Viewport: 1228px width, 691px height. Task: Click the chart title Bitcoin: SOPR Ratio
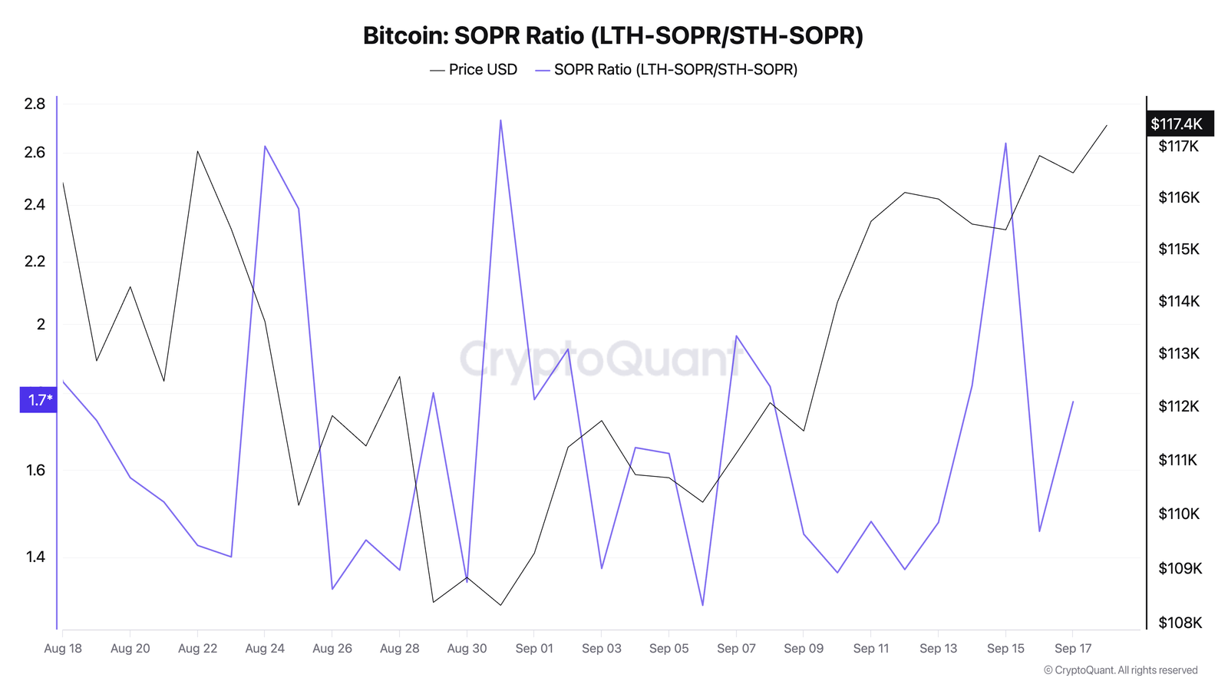(612, 35)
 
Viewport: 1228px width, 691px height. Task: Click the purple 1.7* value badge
(39, 400)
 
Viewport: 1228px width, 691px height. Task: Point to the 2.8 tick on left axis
(35, 104)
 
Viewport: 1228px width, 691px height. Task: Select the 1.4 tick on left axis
(35, 557)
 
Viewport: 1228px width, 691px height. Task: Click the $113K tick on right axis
(1178, 353)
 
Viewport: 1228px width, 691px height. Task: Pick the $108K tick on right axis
(1180, 623)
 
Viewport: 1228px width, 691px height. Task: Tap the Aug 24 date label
(265, 648)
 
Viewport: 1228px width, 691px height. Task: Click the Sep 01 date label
(534, 648)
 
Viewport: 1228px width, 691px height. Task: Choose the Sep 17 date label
(1073, 648)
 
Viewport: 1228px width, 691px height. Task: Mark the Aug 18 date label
(63, 648)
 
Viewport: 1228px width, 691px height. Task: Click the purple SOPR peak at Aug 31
(500, 120)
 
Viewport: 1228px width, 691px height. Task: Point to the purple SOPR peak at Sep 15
(1005, 143)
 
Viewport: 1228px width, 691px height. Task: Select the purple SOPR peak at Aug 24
(265, 146)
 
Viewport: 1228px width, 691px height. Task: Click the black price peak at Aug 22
(198, 151)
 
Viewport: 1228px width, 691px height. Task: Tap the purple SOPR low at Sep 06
(702, 605)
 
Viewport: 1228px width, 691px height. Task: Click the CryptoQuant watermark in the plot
(599, 359)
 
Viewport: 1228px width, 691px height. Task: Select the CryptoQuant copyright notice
(1121, 670)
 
